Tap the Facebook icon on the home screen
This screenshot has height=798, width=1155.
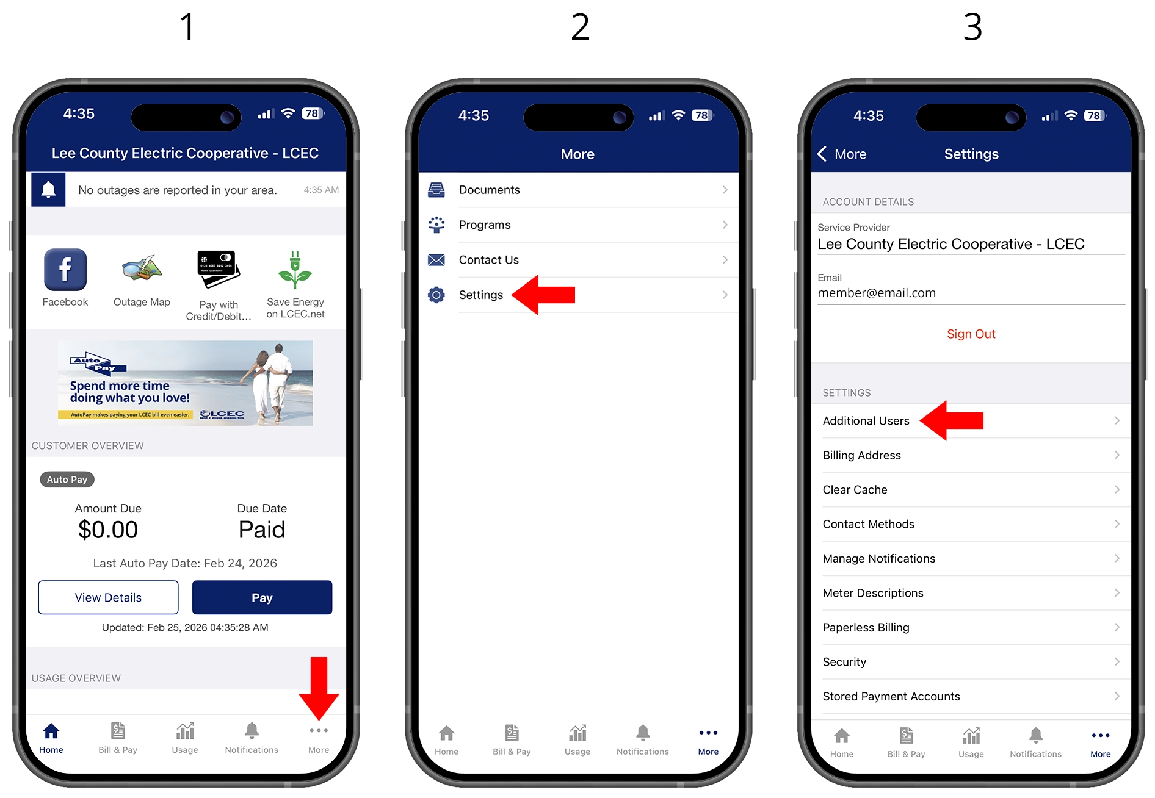[x=65, y=270]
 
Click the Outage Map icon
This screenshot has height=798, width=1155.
[x=142, y=269]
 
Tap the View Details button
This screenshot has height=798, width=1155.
[x=108, y=597]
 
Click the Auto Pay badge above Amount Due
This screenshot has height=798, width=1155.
[x=67, y=480]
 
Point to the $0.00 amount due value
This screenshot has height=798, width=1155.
[x=108, y=530]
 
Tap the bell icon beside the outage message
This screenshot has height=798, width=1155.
[x=49, y=190]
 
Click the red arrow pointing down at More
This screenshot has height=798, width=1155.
[x=319, y=688]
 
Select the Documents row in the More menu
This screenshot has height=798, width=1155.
[x=578, y=190]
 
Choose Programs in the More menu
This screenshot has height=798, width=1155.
[x=578, y=225]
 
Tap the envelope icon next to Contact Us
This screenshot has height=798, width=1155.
[x=436, y=260]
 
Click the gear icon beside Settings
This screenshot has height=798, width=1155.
[x=436, y=295]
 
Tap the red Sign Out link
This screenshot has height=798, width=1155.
[x=971, y=334]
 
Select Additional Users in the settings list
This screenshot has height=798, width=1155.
[x=971, y=421]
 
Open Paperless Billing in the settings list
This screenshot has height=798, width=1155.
[x=971, y=627]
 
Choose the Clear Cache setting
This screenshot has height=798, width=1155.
[x=971, y=489]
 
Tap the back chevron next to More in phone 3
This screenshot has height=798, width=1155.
[x=822, y=154]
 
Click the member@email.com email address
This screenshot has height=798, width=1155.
[x=877, y=293]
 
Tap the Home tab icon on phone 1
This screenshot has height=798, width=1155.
[x=51, y=731]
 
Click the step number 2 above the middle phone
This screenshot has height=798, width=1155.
[x=580, y=27]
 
